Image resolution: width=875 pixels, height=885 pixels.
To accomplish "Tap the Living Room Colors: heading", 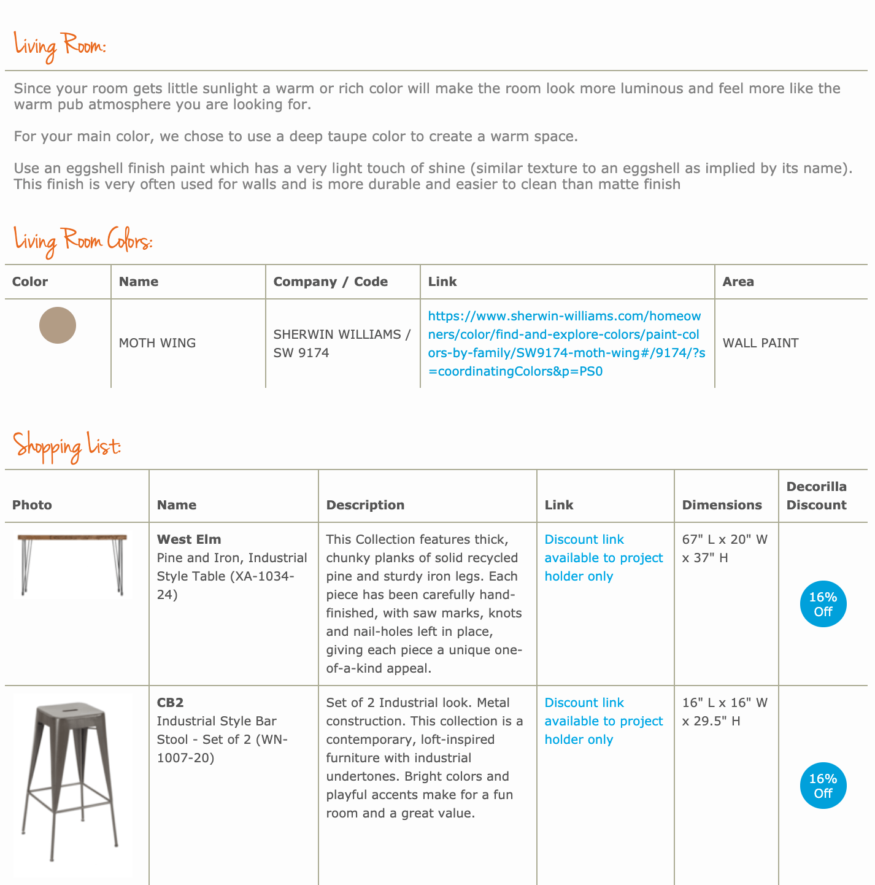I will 83,241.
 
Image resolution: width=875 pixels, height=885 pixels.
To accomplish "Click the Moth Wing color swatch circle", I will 58,325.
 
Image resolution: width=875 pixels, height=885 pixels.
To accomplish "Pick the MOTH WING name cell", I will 158,343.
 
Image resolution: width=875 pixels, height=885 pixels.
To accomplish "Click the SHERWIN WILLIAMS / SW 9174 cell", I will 342,343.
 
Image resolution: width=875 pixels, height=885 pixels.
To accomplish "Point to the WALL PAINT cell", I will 761,343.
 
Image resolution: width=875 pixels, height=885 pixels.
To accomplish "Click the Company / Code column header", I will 331,282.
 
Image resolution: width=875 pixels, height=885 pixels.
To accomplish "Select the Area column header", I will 738,282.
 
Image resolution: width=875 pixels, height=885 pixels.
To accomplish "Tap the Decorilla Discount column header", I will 817,496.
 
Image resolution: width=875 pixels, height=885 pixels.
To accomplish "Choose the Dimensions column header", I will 722,505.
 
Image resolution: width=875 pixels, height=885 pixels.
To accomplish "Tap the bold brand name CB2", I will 171,703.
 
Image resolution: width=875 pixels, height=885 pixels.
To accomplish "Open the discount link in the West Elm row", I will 604,558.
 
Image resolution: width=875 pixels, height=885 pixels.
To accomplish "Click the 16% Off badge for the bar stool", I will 823,786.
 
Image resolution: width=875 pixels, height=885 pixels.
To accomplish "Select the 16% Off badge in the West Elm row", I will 823,605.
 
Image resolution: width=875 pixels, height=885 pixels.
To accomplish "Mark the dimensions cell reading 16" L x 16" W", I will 725,712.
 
